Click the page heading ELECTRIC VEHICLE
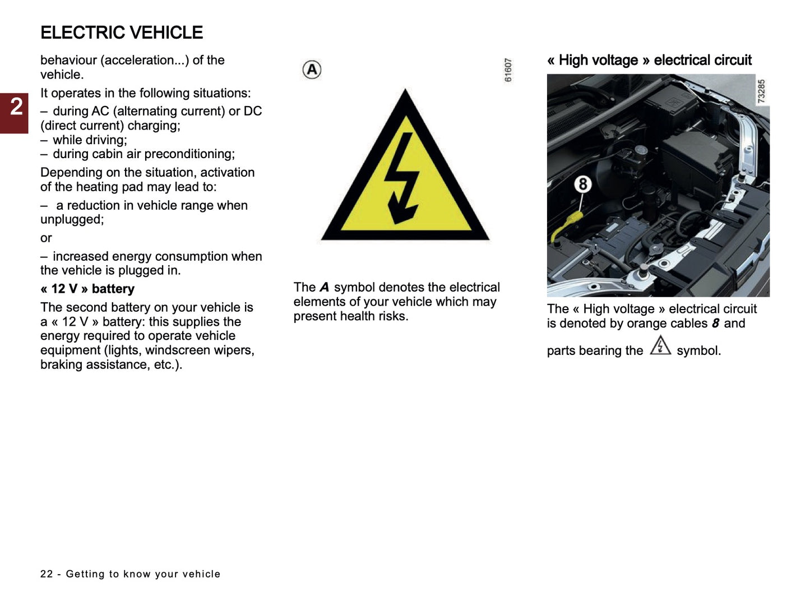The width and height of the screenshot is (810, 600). tap(122, 33)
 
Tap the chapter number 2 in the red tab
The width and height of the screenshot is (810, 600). tap(16, 107)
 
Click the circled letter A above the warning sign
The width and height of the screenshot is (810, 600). tap(312, 70)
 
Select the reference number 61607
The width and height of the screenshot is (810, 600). tap(508, 70)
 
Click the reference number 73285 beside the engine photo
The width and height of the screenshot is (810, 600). tap(761, 91)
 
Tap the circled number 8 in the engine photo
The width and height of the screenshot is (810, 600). tap(583, 184)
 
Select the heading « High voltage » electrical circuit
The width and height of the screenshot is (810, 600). tap(649, 60)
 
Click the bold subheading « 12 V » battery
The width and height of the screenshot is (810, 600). tap(87, 289)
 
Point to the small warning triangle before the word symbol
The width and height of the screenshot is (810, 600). tap(660, 346)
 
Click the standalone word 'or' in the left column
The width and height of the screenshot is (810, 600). tap(46, 238)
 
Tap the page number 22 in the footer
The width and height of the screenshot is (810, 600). tap(47, 574)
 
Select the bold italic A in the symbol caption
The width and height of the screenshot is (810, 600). tap(324, 287)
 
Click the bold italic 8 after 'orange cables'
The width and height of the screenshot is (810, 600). tap(715, 324)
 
